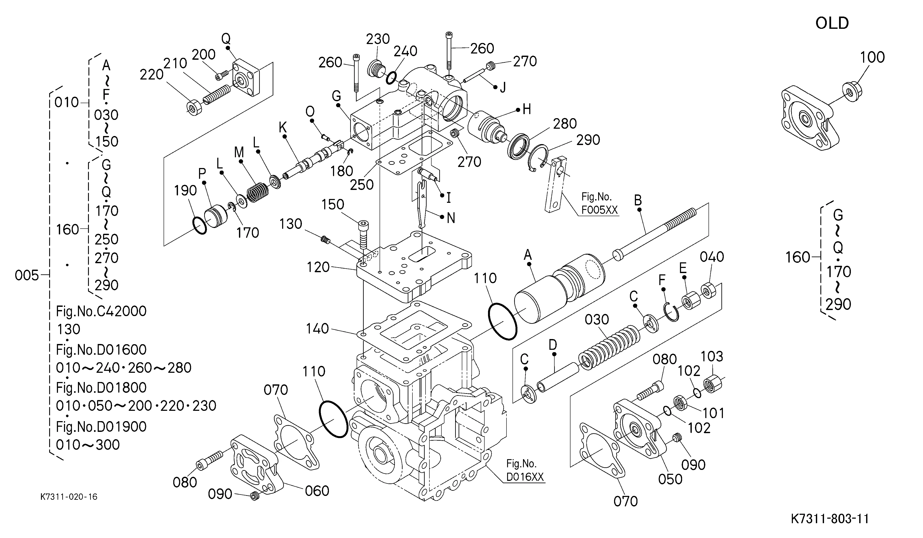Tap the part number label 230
coord(378,39)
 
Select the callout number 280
coord(565,124)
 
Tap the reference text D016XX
coord(525,477)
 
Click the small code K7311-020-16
coord(69,497)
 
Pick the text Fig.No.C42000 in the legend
coord(101,311)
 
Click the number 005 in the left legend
coord(27,275)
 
